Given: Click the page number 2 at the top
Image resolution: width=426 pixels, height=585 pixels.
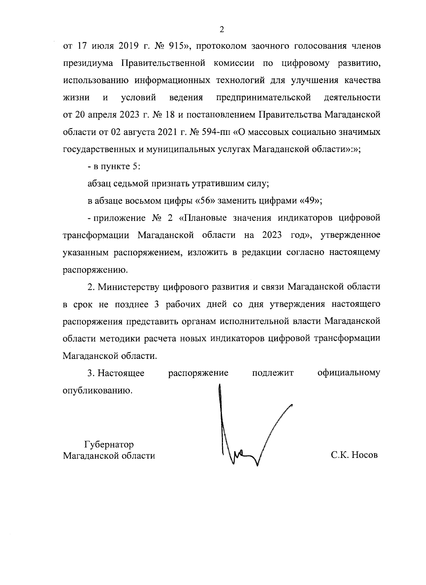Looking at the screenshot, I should click(222, 29).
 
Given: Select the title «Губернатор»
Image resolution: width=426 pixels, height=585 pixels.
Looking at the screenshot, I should click(109, 444).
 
